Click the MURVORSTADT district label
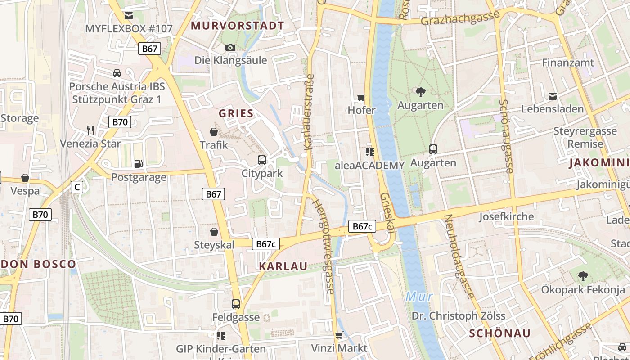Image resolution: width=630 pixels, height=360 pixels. point(238,25)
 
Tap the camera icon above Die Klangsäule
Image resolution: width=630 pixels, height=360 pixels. point(230,47)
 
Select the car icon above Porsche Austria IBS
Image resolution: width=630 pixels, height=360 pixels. point(117,73)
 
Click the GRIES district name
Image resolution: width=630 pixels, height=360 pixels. point(236,113)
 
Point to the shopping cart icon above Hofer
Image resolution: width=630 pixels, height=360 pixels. point(361,97)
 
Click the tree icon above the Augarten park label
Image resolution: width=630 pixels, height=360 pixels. point(421,92)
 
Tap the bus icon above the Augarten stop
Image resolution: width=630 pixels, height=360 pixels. point(433,149)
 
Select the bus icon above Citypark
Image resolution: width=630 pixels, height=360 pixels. point(262,160)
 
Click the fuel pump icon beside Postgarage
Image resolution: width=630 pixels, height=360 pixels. point(139,164)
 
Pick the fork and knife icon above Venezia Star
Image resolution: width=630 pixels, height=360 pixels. point(90,130)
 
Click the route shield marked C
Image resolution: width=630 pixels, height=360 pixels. point(77,187)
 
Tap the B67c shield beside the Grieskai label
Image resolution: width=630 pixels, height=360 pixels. point(362,226)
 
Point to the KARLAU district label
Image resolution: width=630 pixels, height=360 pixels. point(283,266)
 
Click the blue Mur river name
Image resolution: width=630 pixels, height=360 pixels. point(419,296)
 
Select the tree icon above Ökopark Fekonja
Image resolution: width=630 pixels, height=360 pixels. point(583,276)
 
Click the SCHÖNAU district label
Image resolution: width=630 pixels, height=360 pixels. point(499,333)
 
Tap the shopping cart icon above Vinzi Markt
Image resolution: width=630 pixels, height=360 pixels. point(339,335)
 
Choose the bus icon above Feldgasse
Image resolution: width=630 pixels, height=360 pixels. point(236,304)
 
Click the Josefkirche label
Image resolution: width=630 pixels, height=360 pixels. point(506,216)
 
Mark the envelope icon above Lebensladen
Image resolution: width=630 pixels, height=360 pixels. point(552,96)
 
